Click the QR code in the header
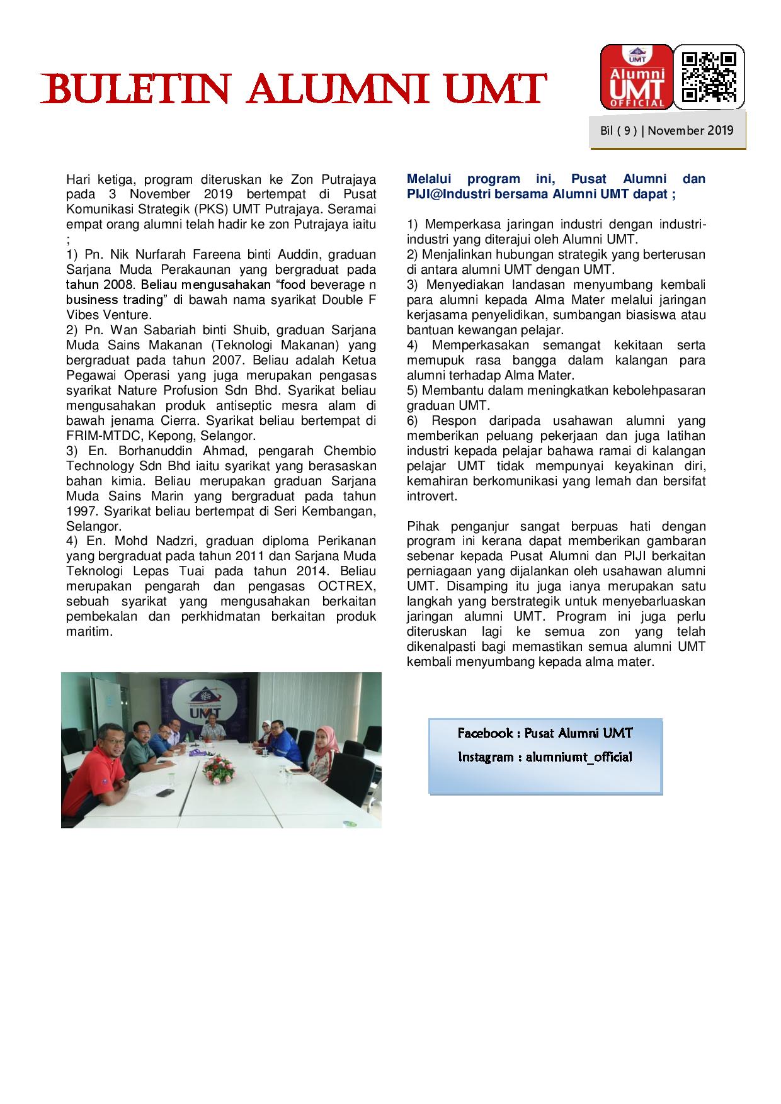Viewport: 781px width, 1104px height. pos(709,77)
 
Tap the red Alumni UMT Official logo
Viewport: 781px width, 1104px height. pos(636,77)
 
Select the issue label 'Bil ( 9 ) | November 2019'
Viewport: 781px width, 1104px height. pos(667,131)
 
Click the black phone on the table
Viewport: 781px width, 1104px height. pos(165,792)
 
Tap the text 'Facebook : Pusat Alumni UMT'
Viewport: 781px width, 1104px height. pos(545,733)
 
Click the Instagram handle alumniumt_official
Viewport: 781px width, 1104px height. pos(578,757)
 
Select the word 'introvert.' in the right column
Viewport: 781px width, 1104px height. pos(432,496)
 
